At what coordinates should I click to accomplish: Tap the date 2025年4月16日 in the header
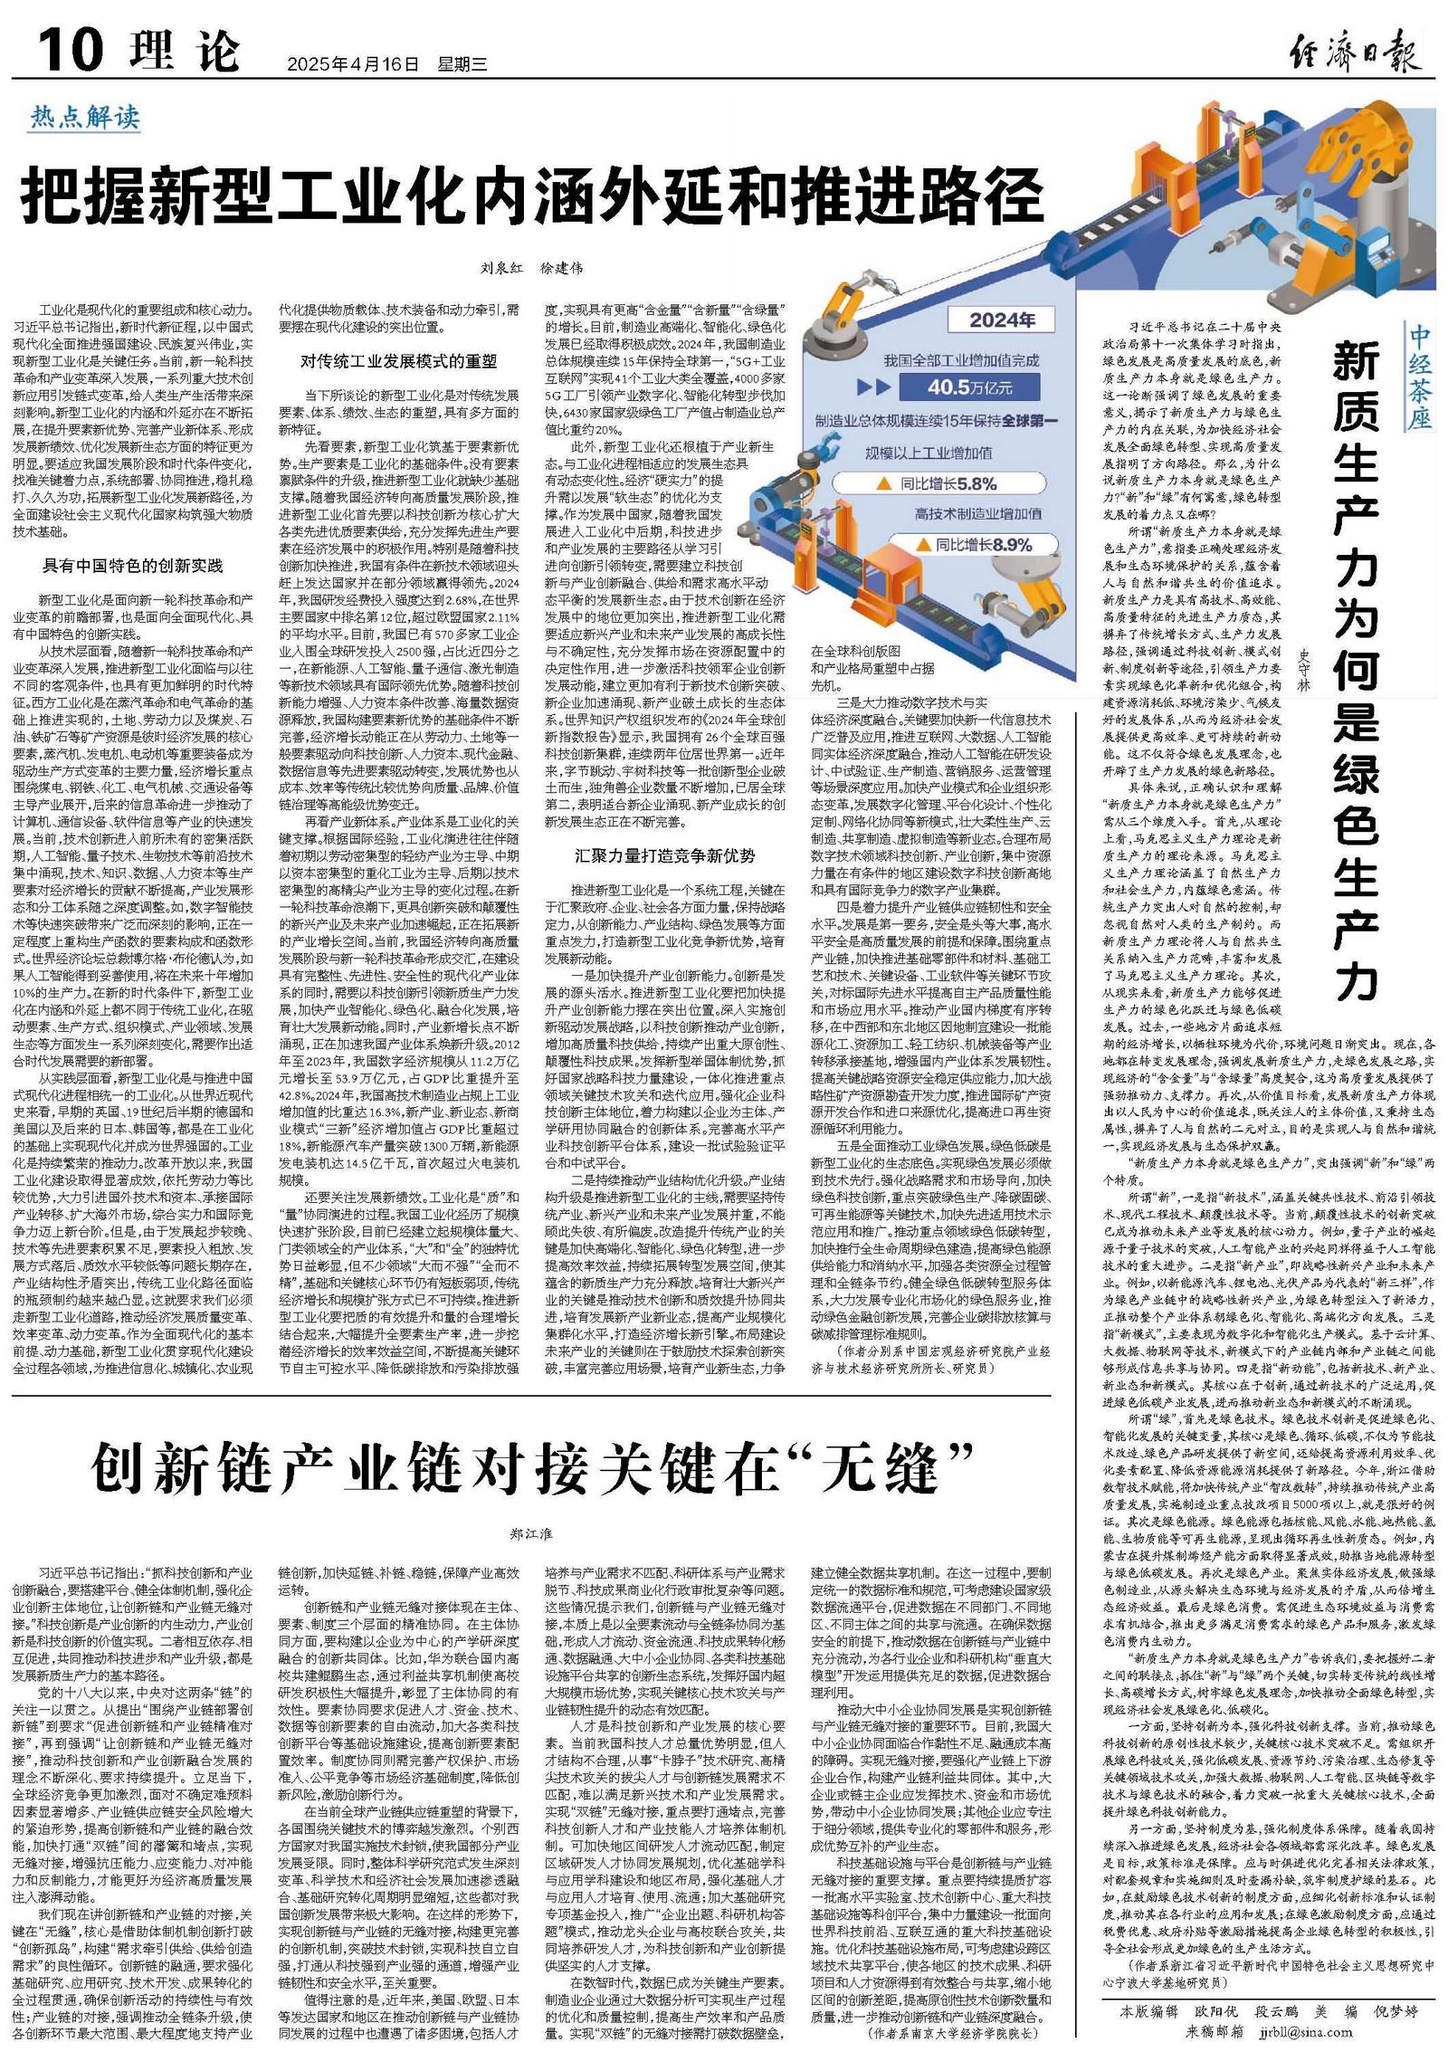(x=353, y=64)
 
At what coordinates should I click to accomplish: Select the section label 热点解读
(x=85, y=117)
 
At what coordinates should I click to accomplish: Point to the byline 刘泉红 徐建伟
(x=531, y=268)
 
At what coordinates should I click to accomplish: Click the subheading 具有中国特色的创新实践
(x=132, y=566)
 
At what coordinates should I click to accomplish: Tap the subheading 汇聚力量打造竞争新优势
(x=664, y=854)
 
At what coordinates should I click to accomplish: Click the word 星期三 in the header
(x=462, y=64)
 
